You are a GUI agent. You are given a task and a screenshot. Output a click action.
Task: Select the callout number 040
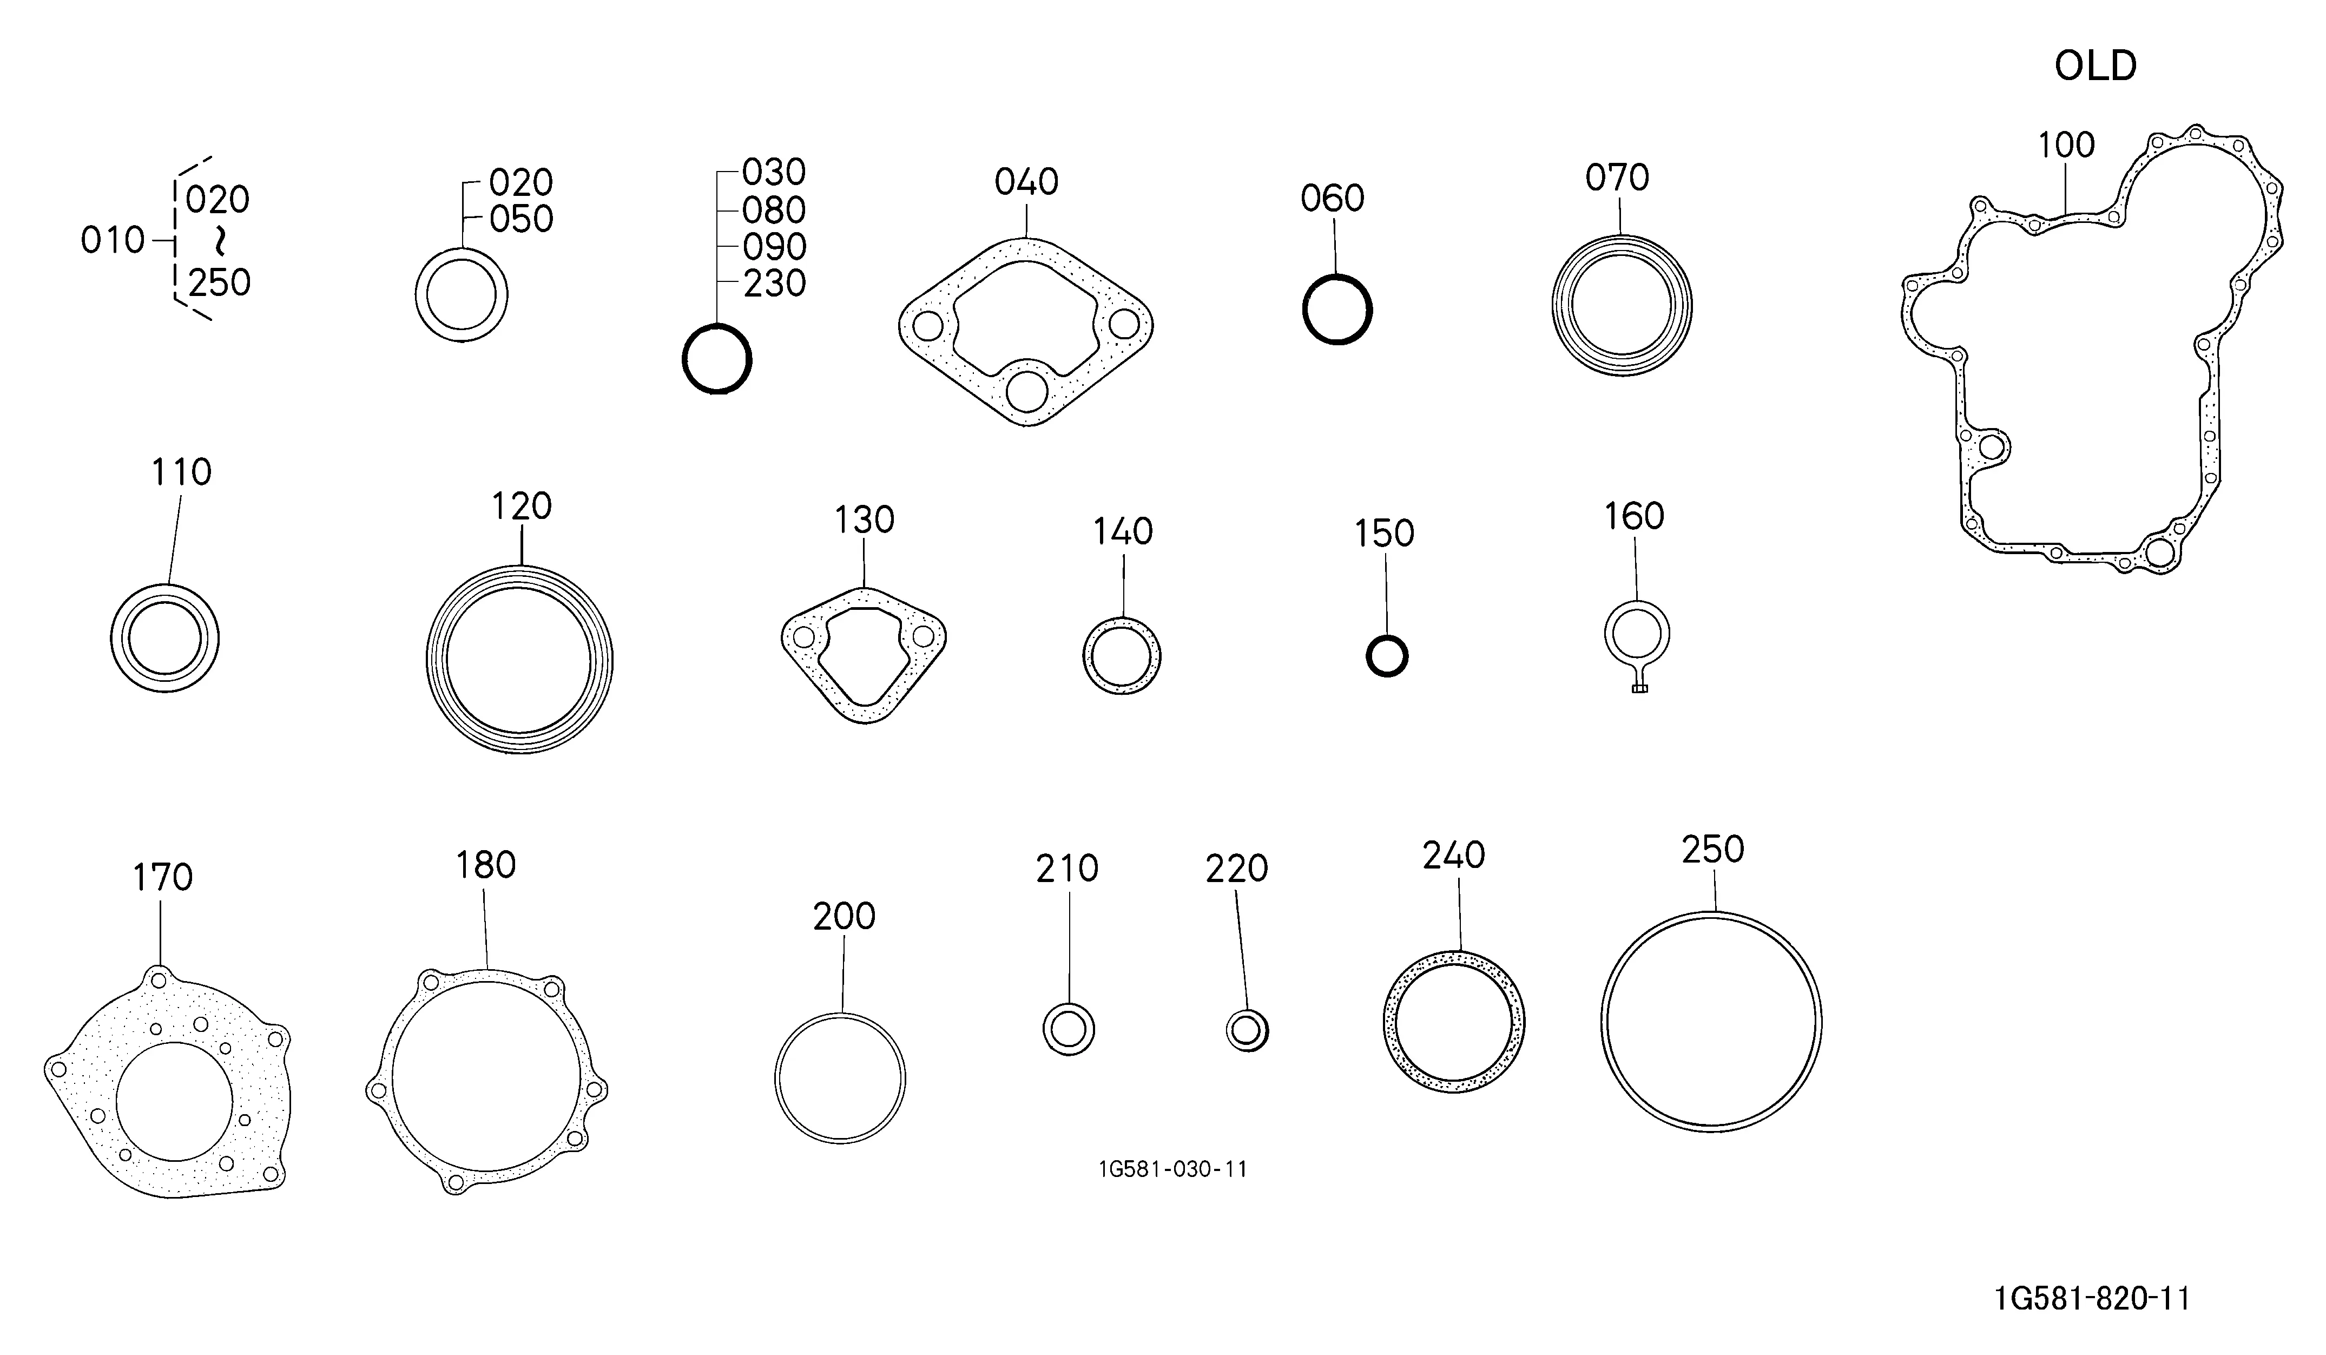coord(1026,182)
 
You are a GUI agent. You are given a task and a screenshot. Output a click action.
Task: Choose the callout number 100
coord(2066,145)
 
